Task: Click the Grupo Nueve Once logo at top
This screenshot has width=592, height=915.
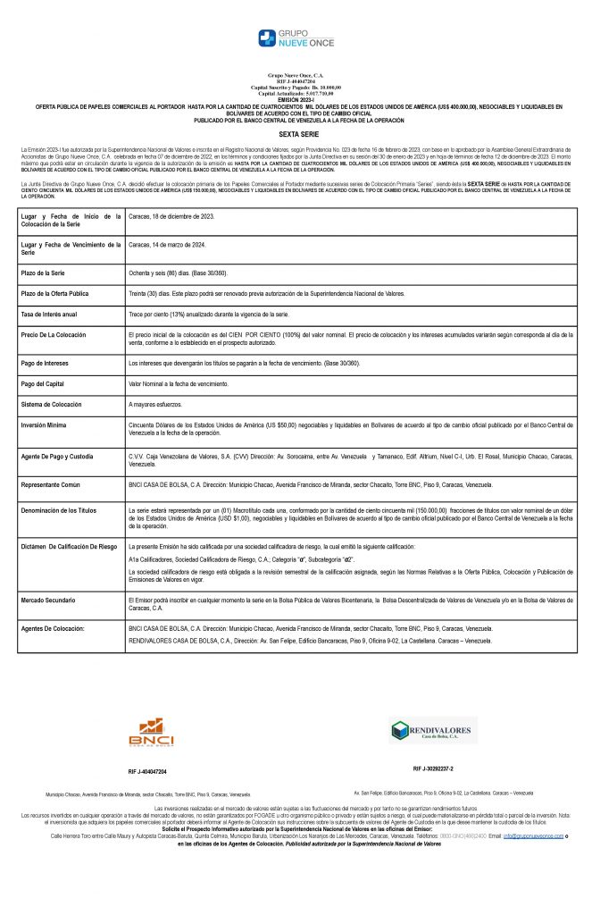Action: (x=295, y=38)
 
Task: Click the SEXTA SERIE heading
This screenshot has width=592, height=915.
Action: (x=296, y=131)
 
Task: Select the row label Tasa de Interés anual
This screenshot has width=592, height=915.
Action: (x=49, y=315)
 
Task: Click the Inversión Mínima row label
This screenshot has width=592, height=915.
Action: (x=46, y=426)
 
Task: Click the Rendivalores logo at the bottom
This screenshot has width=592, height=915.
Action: (x=435, y=730)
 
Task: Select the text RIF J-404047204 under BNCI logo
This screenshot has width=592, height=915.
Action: (x=147, y=771)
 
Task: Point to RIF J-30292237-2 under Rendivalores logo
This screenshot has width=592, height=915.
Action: (x=434, y=768)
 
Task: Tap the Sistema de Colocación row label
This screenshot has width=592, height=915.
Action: (x=54, y=404)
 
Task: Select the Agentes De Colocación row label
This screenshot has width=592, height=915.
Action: (x=55, y=629)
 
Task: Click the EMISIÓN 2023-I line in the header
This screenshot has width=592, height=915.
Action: (x=295, y=99)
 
